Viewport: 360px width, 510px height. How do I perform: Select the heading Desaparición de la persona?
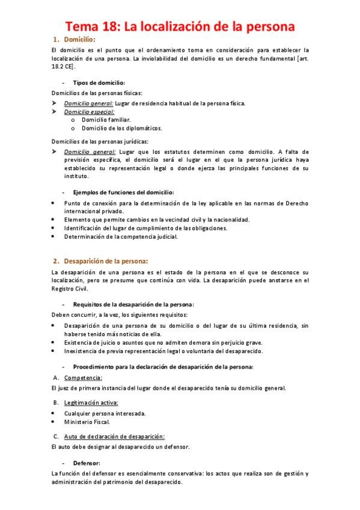(x=105, y=260)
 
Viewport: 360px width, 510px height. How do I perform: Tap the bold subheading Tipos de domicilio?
(x=99, y=82)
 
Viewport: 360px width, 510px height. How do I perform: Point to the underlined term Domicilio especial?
(x=88, y=111)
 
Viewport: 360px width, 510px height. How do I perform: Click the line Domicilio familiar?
(x=106, y=120)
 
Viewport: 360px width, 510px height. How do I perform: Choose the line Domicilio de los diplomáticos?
(x=121, y=127)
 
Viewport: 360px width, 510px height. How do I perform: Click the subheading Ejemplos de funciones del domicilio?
(x=123, y=192)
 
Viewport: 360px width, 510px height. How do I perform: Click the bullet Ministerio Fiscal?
(x=87, y=422)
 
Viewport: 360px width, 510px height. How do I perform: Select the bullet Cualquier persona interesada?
(x=105, y=413)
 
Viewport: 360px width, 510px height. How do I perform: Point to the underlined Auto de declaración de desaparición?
(x=114, y=436)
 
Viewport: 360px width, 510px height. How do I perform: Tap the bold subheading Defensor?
(x=86, y=463)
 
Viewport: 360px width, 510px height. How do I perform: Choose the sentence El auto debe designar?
(x=121, y=447)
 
